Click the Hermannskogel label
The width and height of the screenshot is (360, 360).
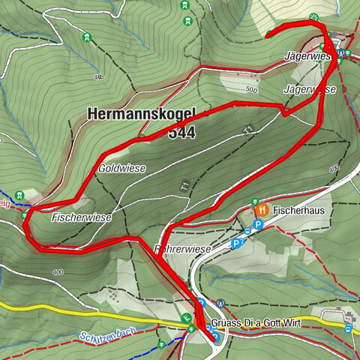click(140, 115)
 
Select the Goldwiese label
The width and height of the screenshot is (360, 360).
click(121, 169)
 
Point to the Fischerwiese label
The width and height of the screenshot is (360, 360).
click(82, 217)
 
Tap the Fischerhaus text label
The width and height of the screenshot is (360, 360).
click(299, 211)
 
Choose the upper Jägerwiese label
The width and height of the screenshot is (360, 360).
click(307, 56)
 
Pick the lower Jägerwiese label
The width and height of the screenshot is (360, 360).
click(310, 89)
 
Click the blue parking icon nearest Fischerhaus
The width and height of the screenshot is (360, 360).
click(258, 224)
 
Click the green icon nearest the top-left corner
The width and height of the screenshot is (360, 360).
click(88, 37)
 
